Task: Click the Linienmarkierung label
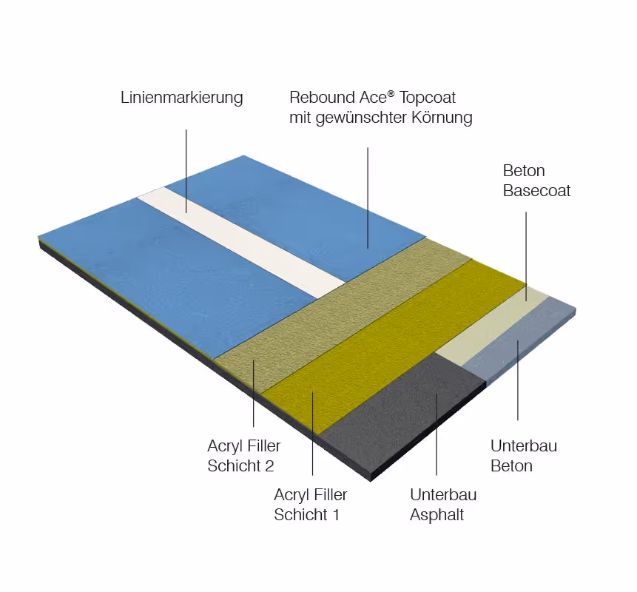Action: tap(181, 98)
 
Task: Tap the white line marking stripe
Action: tap(244, 237)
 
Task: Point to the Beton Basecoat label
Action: tap(536, 181)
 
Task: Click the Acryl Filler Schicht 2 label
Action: tap(243, 457)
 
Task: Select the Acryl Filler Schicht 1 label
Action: tap(310, 505)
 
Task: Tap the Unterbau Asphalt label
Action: tap(443, 505)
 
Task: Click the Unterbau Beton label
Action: tap(524, 456)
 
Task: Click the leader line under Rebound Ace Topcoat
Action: tap(368, 192)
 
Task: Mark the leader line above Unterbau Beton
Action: tap(517, 385)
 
